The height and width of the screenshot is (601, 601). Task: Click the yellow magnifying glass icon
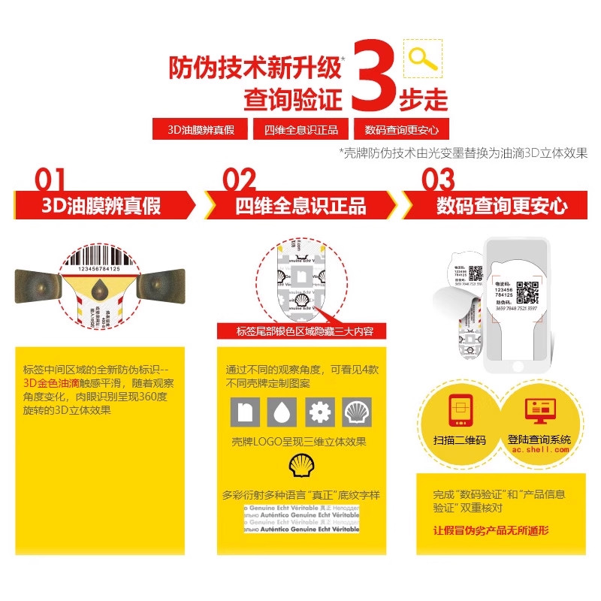click(x=423, y=59)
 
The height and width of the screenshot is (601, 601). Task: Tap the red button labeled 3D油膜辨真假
click(x=200, y=129)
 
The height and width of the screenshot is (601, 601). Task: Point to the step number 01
click(x=50, y=180)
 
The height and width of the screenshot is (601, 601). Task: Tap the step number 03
click(x=439, y=180)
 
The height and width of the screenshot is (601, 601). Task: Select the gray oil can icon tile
click(x=244, y=412)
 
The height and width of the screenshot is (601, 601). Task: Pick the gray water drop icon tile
click(x=282, y=412)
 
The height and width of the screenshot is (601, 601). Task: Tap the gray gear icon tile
click(x=319, y=412)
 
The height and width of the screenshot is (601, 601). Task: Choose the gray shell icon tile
click(x=357, y=412)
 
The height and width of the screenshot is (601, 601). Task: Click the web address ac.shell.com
click(x=539, y=449)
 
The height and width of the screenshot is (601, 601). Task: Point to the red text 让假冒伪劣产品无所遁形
click(x=491, y=530)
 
